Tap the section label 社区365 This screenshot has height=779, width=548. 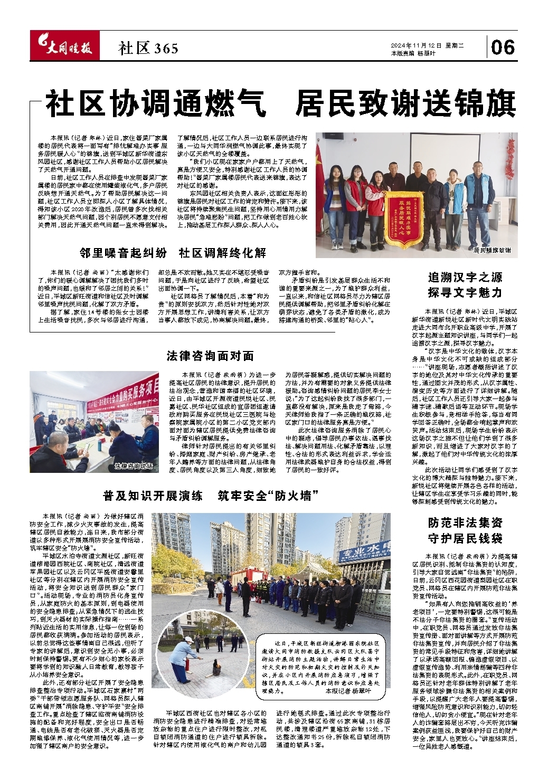click(148, 49)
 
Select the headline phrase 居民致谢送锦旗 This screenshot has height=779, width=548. click(405, 104)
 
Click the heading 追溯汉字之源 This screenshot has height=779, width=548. click(464, 277)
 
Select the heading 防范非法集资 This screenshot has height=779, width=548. click(465, 523)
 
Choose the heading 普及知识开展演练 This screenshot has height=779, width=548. click(153, 496)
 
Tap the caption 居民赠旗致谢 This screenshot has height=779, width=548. click(492, 250)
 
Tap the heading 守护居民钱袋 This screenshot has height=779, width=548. click(465, 538)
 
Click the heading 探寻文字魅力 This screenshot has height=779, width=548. click(464, 292)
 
